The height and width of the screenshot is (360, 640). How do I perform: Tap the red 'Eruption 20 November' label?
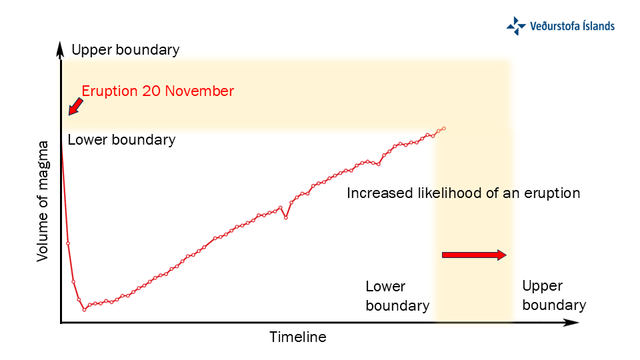point(157,91)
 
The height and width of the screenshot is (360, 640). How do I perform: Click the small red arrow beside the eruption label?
point(75,105)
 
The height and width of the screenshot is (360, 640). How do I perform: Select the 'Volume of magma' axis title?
point(43,200)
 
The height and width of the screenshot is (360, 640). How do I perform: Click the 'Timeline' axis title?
point(298,337)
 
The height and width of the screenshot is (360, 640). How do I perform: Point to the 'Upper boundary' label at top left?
point(125,50)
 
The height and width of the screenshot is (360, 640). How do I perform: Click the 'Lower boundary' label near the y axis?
point(121,140)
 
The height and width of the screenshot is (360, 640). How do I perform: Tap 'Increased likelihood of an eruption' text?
point(463,193)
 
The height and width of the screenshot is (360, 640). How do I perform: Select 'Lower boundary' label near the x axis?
point(397,296)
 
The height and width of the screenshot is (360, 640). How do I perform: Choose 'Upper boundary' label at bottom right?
point(553,295)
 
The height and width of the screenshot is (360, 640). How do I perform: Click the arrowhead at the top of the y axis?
point(61,49)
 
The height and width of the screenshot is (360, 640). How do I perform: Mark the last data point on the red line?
point(443,128)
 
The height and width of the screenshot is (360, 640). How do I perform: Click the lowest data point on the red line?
point(84,309)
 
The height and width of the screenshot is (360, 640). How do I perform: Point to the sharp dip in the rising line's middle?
point(286,217)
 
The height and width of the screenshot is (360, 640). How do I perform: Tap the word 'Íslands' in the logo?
point(595,26)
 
